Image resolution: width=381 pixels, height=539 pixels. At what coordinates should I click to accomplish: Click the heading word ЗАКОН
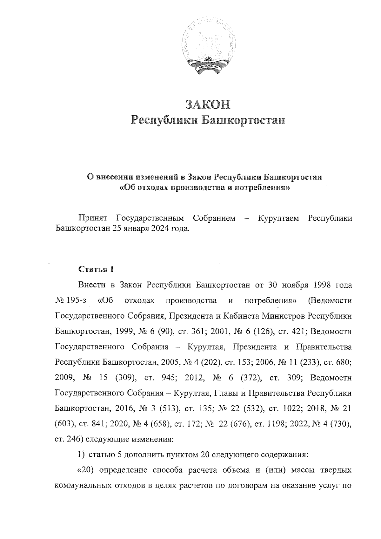tap(208, 105)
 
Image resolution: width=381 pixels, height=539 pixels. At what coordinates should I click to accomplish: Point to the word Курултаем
tap(278, 219)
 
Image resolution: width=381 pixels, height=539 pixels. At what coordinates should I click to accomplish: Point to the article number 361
tap(199, 332)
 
